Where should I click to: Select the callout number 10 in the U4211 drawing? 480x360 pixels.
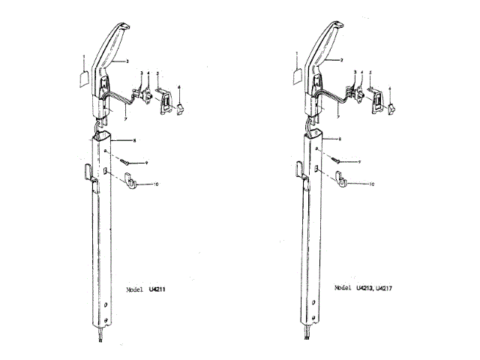pyautogui.click(x=156, y=184)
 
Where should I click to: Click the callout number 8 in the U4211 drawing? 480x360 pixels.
pyautogui.click(x=133, y=139)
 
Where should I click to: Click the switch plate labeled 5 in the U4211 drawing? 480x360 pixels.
pyautogui.click(x=163, y=99)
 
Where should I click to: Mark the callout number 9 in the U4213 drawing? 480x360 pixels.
pyautogui.click(x=359, y=161)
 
